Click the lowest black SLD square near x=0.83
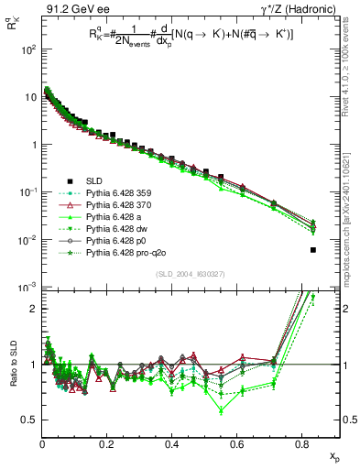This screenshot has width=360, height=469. click(313, 250)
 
